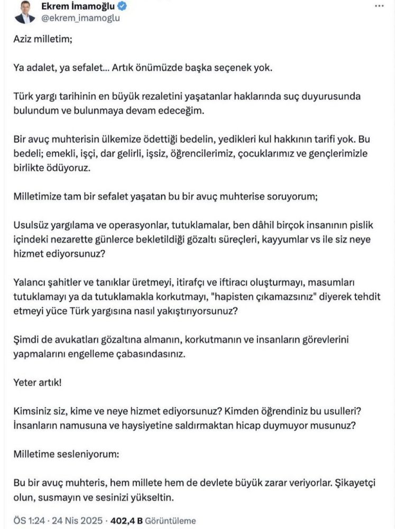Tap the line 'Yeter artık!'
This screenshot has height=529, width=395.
point(38,381)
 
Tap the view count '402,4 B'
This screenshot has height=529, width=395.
point(122,521)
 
